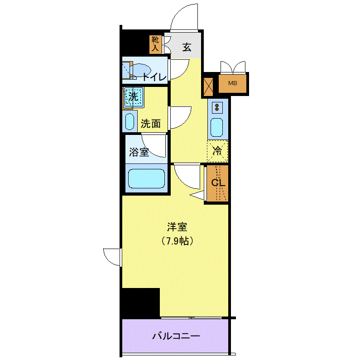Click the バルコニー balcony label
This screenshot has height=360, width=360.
point(176,336)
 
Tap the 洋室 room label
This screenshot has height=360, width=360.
point(177,227)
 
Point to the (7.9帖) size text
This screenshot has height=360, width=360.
point(177,241)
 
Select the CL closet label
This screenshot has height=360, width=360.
point(218,183)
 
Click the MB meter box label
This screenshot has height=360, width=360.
point(233,83)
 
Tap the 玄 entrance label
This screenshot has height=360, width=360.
point(187,47)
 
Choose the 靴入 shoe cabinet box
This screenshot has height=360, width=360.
point(155,44)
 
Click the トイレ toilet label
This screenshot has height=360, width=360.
point(154,77)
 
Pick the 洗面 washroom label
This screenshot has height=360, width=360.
point(151,124)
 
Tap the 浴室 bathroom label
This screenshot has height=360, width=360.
point(139,152)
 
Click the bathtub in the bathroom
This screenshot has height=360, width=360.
point(146,178)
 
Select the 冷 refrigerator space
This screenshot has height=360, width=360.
point(217,151)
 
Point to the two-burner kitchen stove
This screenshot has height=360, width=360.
point(217,108)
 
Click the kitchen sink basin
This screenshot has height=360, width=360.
point(217,127)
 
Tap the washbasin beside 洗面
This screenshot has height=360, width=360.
point(130,121)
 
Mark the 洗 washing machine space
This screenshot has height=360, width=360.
point(134,97)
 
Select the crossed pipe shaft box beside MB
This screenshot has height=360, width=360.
point(208,87)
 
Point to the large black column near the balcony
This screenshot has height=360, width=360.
point(141,303)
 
